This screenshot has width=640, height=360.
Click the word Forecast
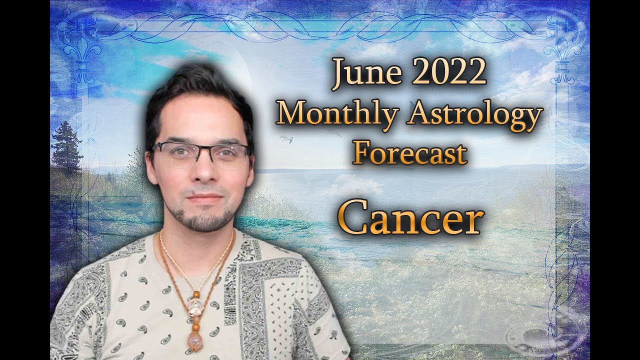(410, 153)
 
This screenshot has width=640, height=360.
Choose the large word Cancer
(411, 220)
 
